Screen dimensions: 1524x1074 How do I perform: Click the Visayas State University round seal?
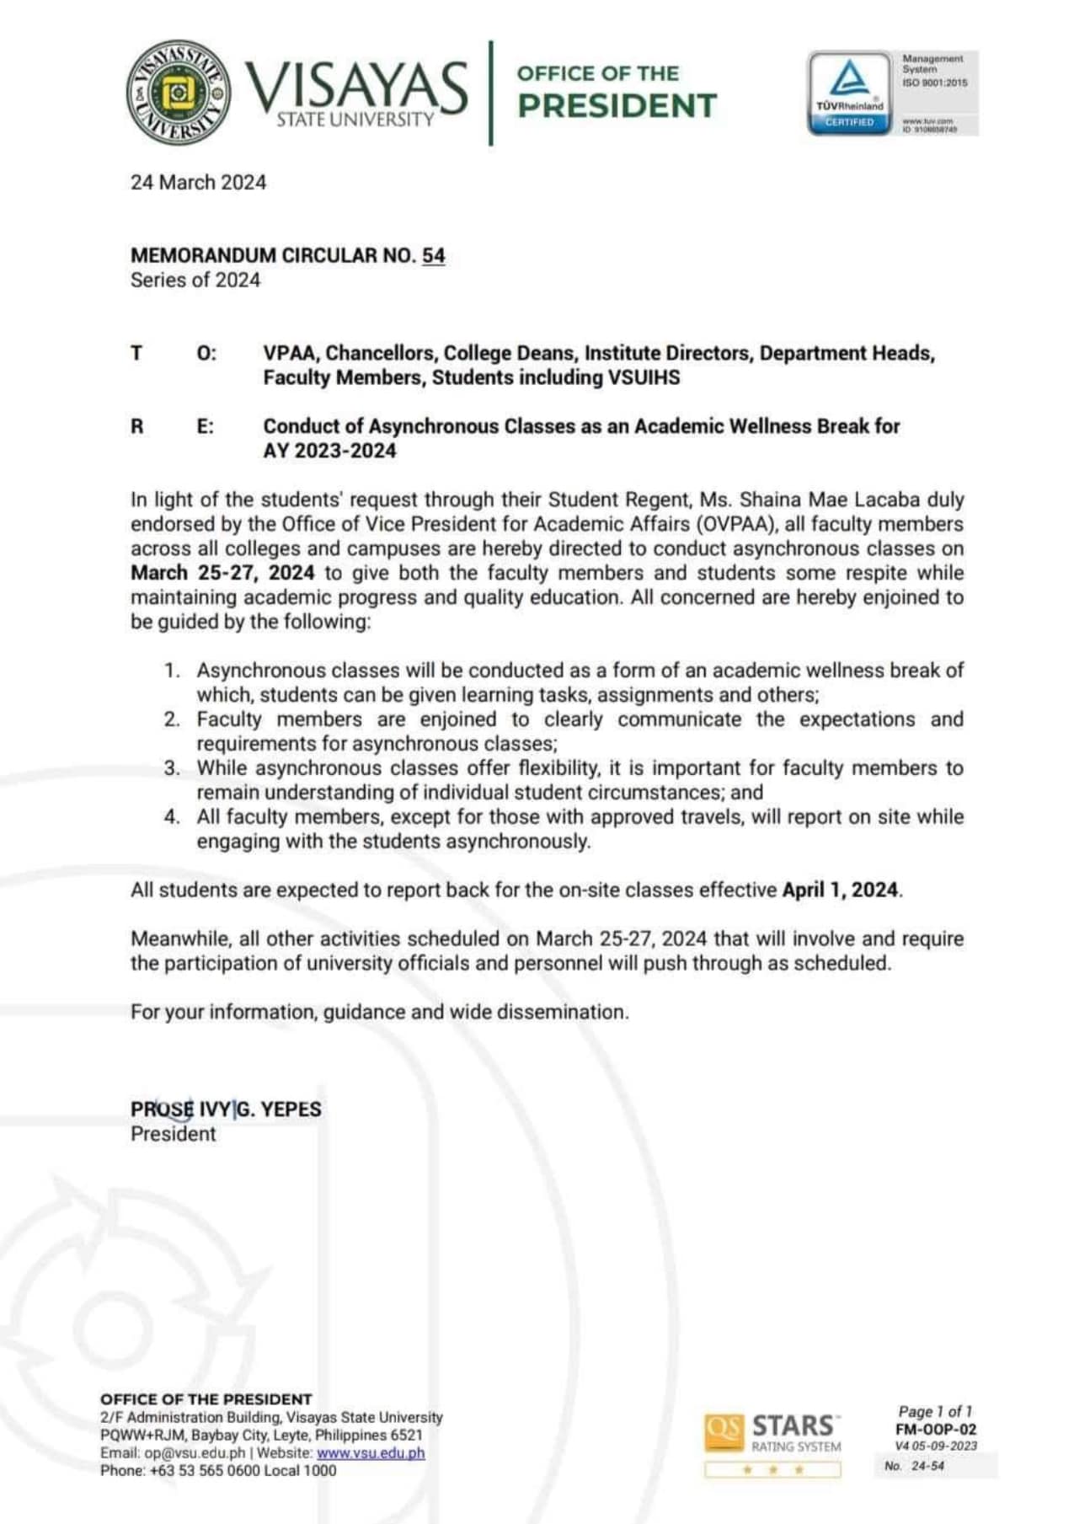coord(179,93)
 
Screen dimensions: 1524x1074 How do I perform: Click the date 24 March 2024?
coord(198,183)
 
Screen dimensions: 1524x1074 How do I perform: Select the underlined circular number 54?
coord(433,255)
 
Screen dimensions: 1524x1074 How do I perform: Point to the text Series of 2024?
coord(195,281)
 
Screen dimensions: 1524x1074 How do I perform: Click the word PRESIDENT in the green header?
coord(617,106)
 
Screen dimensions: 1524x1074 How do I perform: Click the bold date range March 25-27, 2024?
coord(222,573)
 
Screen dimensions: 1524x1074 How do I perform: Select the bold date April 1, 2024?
coord(840,890)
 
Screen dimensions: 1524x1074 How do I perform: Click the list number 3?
coord(172,768)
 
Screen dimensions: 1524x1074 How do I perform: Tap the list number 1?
coord(172,671)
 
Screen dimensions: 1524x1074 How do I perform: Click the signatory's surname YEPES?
coord(291,1110)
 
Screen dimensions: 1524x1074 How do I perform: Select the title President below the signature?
coord(173,1134)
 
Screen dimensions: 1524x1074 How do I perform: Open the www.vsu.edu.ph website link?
coord(371,1452)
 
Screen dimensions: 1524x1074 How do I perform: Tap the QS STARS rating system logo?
coord(772,1433)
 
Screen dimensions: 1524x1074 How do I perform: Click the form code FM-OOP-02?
coord(936,1429)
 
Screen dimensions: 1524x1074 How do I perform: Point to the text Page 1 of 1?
coord(935,1411)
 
